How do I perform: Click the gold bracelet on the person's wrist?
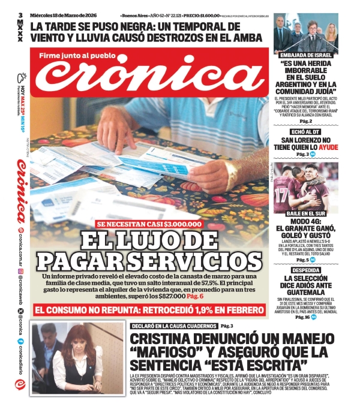(x=230, y=174)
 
